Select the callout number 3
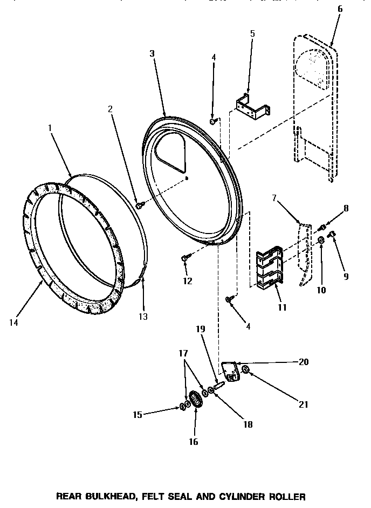click(x=152, y=53)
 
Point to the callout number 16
click(x=193, y=442)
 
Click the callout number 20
click(x=303, y=362)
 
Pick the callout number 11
click(x=281, y=307)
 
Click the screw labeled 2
click(x=140, y=205)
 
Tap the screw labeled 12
click(x=185, y=259)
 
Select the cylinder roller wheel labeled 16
click(x=195, y=401)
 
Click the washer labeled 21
click(x=245, y=369)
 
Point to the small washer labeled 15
click(x=182, y=406)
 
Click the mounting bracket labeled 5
click(x=251, y=106)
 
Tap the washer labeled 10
click(x=321, y=239)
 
